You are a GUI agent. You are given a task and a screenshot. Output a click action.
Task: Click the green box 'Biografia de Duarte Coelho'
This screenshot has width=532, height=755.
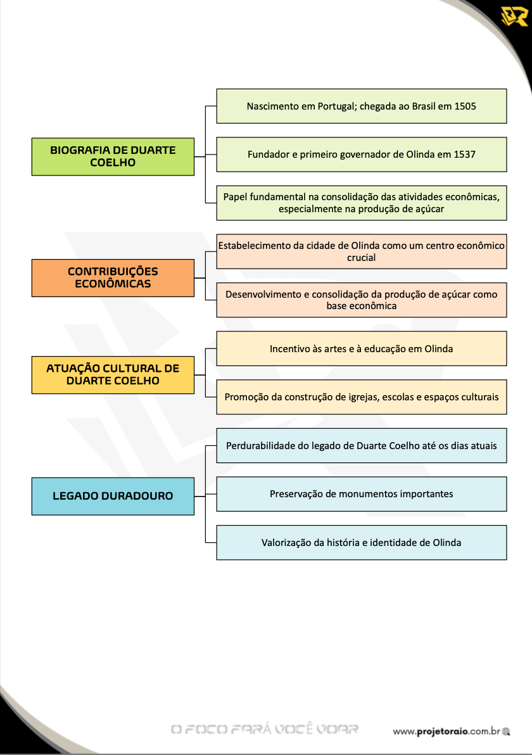[x=113, y=156]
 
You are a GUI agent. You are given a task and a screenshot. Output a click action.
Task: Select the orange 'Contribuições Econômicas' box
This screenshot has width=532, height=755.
[x=113, y=278]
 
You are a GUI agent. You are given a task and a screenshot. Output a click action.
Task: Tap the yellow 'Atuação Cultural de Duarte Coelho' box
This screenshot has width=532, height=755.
[x=113, y=374]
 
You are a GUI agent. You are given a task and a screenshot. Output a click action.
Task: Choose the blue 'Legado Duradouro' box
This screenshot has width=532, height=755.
[x=113, y=496]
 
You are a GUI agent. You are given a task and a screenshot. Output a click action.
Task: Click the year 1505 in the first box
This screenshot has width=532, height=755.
[x=465, y=106]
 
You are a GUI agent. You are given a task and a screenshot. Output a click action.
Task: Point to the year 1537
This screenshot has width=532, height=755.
[x=464, y=155]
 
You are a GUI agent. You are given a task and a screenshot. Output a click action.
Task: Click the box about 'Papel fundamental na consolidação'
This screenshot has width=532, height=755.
[x=362, y=203]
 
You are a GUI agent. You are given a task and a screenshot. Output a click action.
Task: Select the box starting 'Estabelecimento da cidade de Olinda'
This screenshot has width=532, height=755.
[x=362, y=251]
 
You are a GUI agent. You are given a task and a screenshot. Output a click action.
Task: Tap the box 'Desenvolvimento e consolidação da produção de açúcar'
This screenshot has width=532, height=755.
[x=362, y=300]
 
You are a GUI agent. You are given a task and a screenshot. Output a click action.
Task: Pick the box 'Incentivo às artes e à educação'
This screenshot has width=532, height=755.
[x=362, y=348]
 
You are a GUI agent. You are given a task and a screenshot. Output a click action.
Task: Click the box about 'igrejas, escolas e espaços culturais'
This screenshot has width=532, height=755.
[x=362, y=397]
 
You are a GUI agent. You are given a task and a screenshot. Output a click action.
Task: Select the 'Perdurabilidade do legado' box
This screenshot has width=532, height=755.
[x=362, y=445]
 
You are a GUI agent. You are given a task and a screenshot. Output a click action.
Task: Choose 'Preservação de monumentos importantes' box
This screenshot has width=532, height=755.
[x=362, y=494]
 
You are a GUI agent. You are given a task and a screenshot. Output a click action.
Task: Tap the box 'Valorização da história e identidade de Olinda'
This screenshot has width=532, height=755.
[x=362, y=543]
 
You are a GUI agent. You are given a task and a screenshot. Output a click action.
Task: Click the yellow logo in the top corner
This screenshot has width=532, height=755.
[x=514, y=17]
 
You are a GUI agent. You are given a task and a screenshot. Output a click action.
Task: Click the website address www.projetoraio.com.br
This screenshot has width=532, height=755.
[x=446, y=732]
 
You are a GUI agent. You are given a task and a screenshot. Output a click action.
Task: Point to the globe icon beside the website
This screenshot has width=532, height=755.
[x=505, y=732]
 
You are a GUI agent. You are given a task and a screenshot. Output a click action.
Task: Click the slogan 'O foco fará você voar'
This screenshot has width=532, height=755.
[x=265, y=729]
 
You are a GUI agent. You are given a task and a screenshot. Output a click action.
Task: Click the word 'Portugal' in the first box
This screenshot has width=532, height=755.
[x=336, y=106]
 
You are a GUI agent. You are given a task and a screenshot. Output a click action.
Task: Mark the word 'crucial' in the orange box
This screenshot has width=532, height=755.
[x=362, y=258]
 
